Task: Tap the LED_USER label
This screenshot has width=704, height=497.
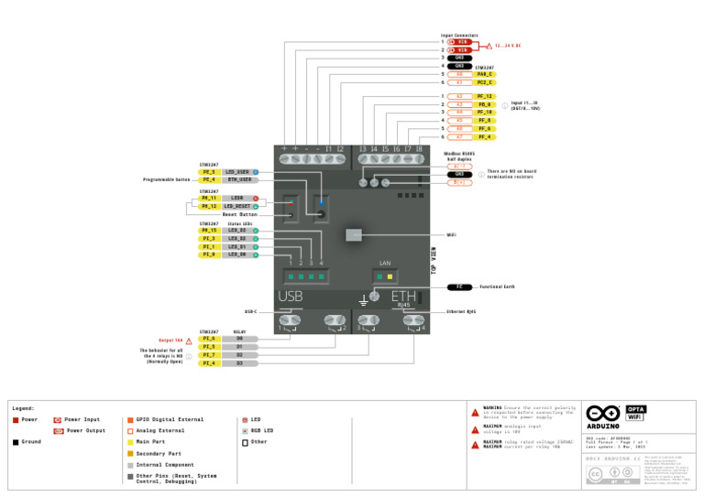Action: tap(238, 172)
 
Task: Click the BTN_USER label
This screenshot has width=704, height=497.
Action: tap(238, 180)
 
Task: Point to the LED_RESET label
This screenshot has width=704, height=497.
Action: tap(237, 207)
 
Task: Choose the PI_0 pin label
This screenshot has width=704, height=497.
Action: tap(209, 254)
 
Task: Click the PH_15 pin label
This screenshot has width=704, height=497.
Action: tap(209, 230)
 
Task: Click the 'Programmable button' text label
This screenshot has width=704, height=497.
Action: tap(166, 180)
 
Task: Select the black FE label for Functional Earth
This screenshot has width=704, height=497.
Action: tap(460, 286)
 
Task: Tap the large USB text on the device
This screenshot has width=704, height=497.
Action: tap(291, 297)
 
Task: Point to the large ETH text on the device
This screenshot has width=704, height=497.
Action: tap(404, 296)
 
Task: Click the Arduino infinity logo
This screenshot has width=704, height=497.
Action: tap(603, 413)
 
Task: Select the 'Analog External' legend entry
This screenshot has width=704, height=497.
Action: tap(159, 430)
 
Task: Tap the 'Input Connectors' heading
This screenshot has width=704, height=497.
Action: tap(459, 35)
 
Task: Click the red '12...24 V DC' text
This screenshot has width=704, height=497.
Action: tap(508, 46)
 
